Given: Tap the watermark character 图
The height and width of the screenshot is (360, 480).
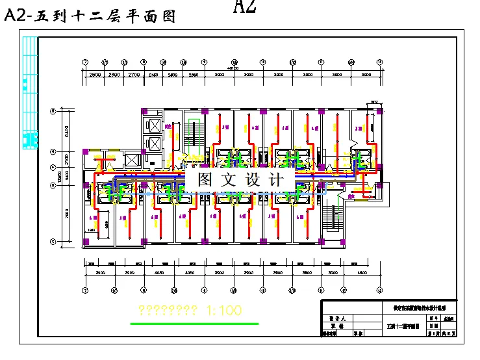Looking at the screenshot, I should (x=205, y=179).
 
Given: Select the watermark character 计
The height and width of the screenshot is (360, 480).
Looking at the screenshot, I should (x=275, y=179).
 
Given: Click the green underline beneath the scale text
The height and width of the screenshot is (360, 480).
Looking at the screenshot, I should (x=194, y=323).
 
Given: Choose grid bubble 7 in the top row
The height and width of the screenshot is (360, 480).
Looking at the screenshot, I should (x=85, y=62).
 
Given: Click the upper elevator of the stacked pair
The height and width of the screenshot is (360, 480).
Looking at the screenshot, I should (x=155, y=125).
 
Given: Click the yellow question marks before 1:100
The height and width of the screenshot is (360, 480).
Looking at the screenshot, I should (x=168, y=311).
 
